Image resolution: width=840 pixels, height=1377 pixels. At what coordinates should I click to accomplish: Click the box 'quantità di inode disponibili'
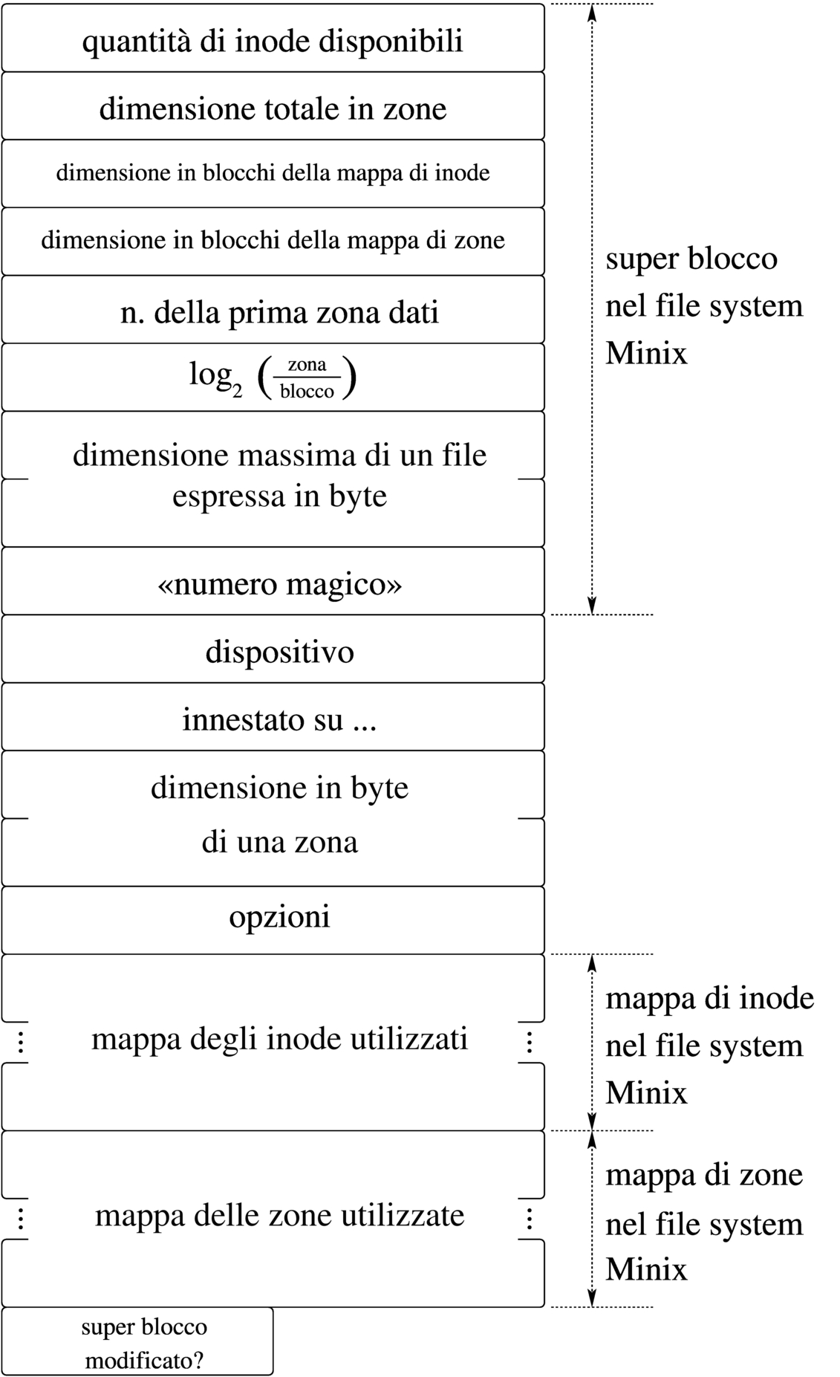coord(273,40)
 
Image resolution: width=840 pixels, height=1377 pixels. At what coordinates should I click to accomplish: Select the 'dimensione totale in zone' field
coord(273,108)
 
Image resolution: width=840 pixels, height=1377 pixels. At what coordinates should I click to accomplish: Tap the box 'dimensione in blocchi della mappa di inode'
coord(273,173)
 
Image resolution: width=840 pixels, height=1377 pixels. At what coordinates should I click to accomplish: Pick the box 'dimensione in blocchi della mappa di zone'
coord(273,241)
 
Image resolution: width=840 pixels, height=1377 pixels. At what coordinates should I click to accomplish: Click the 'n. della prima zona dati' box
coord(279,312)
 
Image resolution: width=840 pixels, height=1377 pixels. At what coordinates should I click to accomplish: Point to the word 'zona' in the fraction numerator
coord(307,364)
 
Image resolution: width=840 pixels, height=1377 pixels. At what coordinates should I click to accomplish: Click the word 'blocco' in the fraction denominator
coord(307,392)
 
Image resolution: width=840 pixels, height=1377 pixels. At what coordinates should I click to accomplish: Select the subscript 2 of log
coord(237,392)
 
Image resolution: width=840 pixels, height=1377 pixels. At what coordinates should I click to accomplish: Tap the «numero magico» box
coord(279,584)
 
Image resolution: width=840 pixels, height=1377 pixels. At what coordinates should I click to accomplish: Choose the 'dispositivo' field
coord(279,652)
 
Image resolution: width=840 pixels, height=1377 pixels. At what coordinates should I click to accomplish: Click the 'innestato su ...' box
coord(279,719)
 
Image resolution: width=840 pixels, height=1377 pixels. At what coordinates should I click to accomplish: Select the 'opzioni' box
coord(279,916)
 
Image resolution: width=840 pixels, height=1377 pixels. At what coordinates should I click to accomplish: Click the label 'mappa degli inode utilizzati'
coord(279,1038)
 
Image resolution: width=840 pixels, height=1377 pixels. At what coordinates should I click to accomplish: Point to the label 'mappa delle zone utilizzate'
coord(279,1215)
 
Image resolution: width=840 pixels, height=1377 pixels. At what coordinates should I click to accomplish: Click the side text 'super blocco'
coord(691,259)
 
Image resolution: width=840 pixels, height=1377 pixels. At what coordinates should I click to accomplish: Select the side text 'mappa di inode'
coord(709,998)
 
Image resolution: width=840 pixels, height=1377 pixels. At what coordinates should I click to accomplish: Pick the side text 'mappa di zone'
coord(704,1175)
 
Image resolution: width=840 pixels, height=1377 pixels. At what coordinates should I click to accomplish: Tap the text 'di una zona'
coord(279,842)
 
